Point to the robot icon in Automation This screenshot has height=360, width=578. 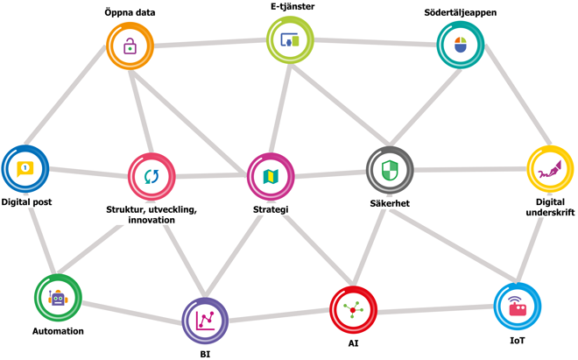tap(58, 297)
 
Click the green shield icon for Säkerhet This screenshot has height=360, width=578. tap(390, 170)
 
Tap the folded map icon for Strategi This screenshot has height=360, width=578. tap(271, 176)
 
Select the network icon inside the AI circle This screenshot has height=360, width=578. tap(353, 310)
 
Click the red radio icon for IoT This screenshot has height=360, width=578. tap(518, 307)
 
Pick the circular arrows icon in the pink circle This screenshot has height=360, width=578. tap(152, 176)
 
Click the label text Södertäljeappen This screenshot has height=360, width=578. tap(460, 12)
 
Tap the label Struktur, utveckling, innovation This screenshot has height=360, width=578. tap(152, 215)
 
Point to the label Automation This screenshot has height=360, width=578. tap(58, 331)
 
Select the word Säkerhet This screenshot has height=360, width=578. tap(390, 203)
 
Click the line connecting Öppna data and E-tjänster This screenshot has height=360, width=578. tap(210, 43)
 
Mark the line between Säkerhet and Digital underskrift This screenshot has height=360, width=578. tap(470, 169)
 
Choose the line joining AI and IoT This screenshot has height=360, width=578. tap(435, 309)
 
